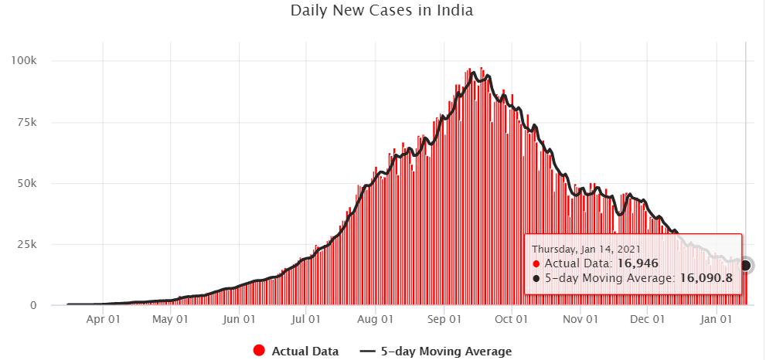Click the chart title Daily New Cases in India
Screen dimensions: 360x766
[x=382, y=12]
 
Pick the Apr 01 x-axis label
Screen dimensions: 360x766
[x=103, y=318]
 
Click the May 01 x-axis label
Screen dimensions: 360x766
[x=170, y=318]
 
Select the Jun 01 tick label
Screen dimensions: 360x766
[x=239, y=318]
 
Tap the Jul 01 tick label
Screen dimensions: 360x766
[x=306, y=318]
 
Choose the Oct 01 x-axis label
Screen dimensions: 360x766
[x=511, y=318]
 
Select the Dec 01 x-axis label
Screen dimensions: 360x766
[x=647, y=318]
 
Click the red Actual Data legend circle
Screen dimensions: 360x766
[x=260, y=352]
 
